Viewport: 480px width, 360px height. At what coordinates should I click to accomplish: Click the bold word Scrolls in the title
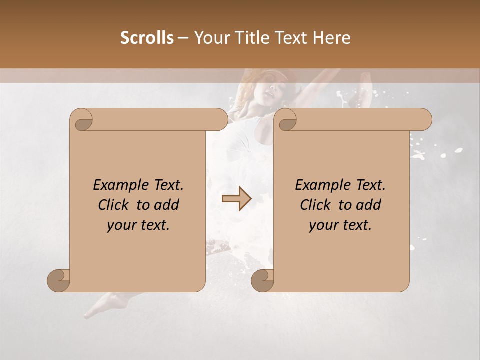147,38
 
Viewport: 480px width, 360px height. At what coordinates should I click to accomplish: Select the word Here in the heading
332,38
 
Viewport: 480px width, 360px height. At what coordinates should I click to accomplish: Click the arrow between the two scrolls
237,199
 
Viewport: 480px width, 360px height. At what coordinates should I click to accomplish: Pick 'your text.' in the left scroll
138,225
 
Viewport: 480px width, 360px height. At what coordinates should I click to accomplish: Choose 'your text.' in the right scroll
340,225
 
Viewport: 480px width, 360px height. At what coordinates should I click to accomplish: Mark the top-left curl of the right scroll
286,120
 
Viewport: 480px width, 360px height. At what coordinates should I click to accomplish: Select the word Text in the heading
292,38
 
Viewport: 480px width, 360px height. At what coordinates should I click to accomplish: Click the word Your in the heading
210,38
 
